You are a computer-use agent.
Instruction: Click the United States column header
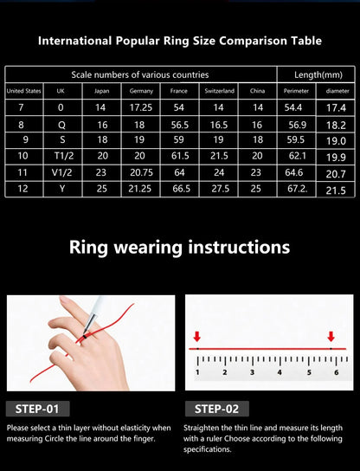tap(23, 91)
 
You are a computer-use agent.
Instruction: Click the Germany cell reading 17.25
tap(141, 107)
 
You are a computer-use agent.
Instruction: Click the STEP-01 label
tap(38, 409)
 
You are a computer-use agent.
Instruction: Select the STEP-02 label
tap(216, 409)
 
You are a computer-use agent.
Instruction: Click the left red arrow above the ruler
tap(197, 337)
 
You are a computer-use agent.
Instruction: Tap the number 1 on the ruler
tap(197, 372)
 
